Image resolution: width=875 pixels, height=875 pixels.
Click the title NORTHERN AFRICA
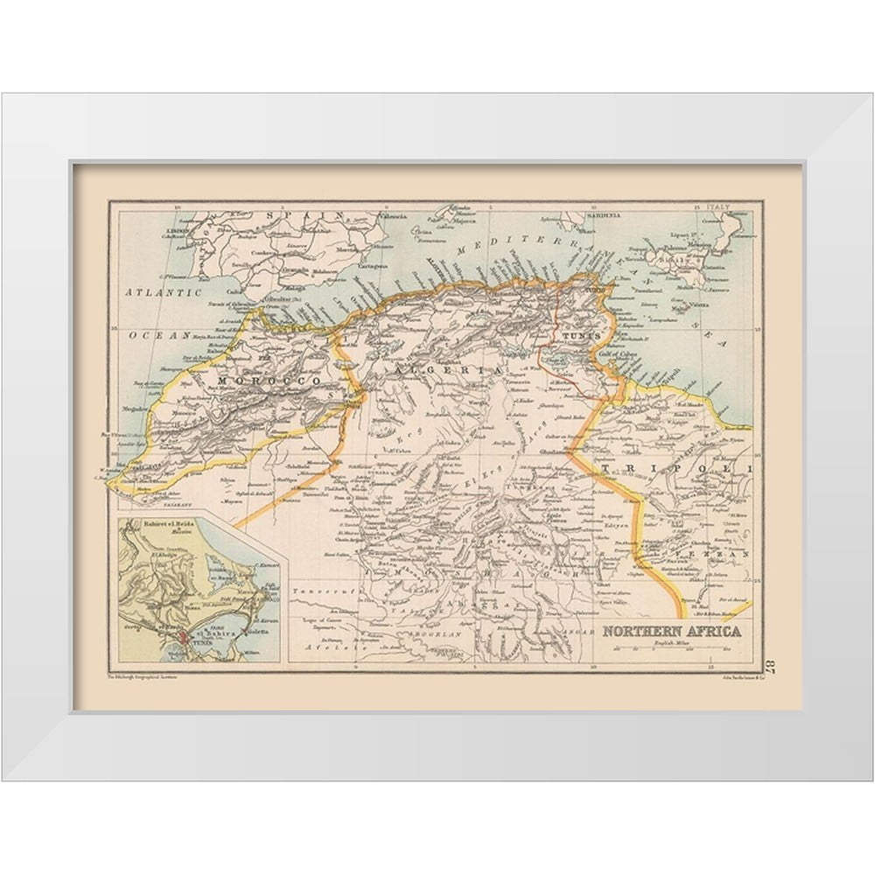[x=670, y=631]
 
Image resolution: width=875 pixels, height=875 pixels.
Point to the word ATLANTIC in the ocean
[x=163, y=291]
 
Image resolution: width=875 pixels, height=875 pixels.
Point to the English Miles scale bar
[x=668, y=648]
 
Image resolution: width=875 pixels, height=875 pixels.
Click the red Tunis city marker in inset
[x=181, y=636]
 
